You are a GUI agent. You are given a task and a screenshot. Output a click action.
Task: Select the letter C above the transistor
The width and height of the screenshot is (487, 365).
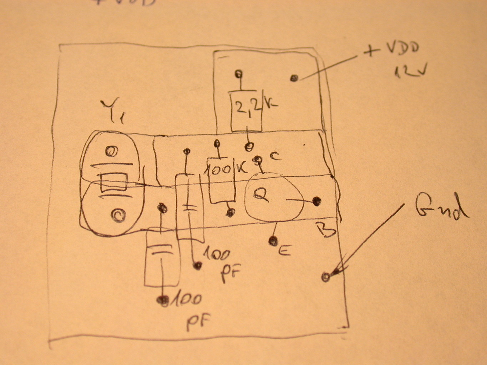pyautogui.click(x=274, y=156)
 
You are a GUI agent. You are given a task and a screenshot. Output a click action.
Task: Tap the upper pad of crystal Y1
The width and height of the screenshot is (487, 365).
pyautogui.click(x=111, y=152)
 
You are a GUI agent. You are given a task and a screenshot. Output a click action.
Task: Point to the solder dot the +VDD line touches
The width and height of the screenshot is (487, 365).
pyautogui.click(x=294, y=78)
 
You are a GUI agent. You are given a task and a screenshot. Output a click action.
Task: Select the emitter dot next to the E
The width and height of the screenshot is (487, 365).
pyautogui.click(x=273, y=241)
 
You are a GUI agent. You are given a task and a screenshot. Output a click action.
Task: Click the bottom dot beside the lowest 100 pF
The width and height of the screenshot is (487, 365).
pyautogui.click(x=163, y=300)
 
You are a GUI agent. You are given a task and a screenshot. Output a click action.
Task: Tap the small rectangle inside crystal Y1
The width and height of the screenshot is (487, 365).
pyautogui.click(x=113, y=182)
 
